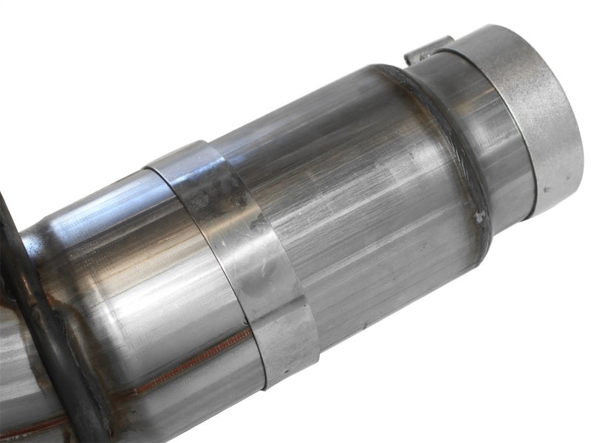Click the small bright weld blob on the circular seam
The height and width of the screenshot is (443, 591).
[481, 216]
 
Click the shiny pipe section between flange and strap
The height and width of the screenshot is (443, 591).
[133, 266]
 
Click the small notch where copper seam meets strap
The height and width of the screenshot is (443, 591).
[248, 332]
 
